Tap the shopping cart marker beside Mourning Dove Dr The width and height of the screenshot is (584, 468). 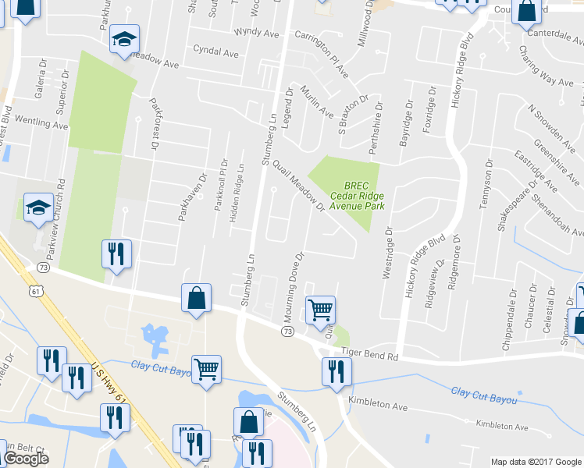[x=321, y=310]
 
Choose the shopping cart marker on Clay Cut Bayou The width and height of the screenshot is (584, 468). [x=206, y=368]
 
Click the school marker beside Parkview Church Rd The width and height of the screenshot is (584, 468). [x=37, y=208]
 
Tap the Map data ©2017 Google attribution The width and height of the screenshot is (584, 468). [x=536, y=462]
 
